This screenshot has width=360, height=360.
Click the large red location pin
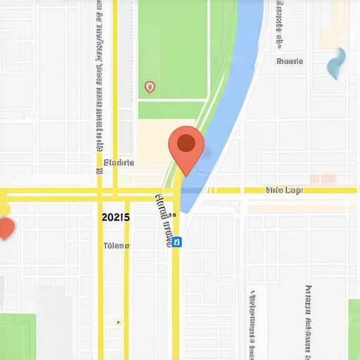click(186, 148)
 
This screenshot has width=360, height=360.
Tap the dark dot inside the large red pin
click(186, 143)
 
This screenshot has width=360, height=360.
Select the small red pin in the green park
click(149, 87)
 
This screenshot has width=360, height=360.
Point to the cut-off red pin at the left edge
click(6, 228)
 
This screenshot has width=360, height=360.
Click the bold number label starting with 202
click(115, 217)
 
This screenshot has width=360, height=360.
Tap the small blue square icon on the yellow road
click(176, 242)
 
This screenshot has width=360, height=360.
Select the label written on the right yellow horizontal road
click(284, 191)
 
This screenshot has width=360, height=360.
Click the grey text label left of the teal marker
click(290, 61)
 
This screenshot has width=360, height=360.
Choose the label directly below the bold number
click(116, 245)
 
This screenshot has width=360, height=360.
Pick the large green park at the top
click(172, 49)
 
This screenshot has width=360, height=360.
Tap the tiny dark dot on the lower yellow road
click(118, 322)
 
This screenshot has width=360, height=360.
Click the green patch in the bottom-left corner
click(18, 336)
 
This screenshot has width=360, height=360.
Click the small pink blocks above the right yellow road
click(323, 179)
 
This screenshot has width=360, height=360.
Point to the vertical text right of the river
click(279, 25)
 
